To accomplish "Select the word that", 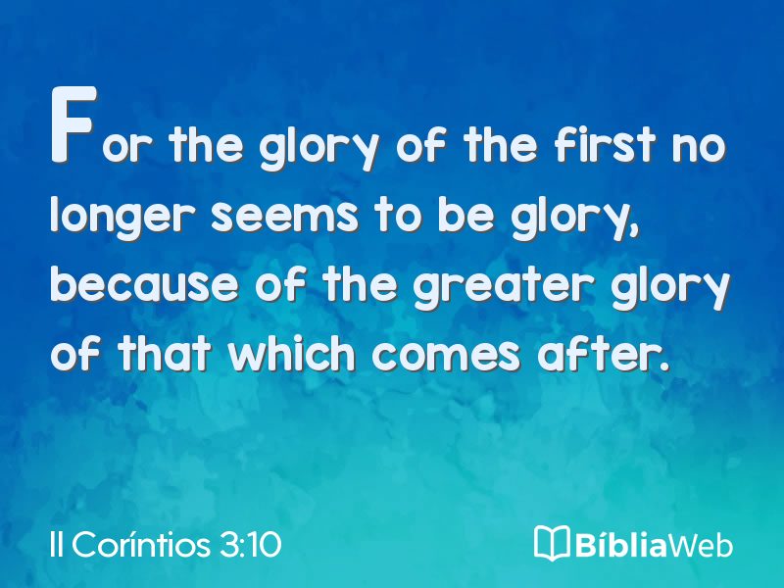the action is pos(165,353).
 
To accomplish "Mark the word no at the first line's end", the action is pos(699,148).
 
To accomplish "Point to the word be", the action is pos(466,216).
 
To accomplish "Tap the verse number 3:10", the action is pos(250,544).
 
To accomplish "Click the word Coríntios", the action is pos(141,544).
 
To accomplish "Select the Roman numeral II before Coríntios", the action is pos(57,544).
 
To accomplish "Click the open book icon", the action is pos(552,543).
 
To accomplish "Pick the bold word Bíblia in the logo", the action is pos(621,544).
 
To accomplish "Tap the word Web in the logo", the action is pos(700,544).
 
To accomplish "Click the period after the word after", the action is pos(663,367).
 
